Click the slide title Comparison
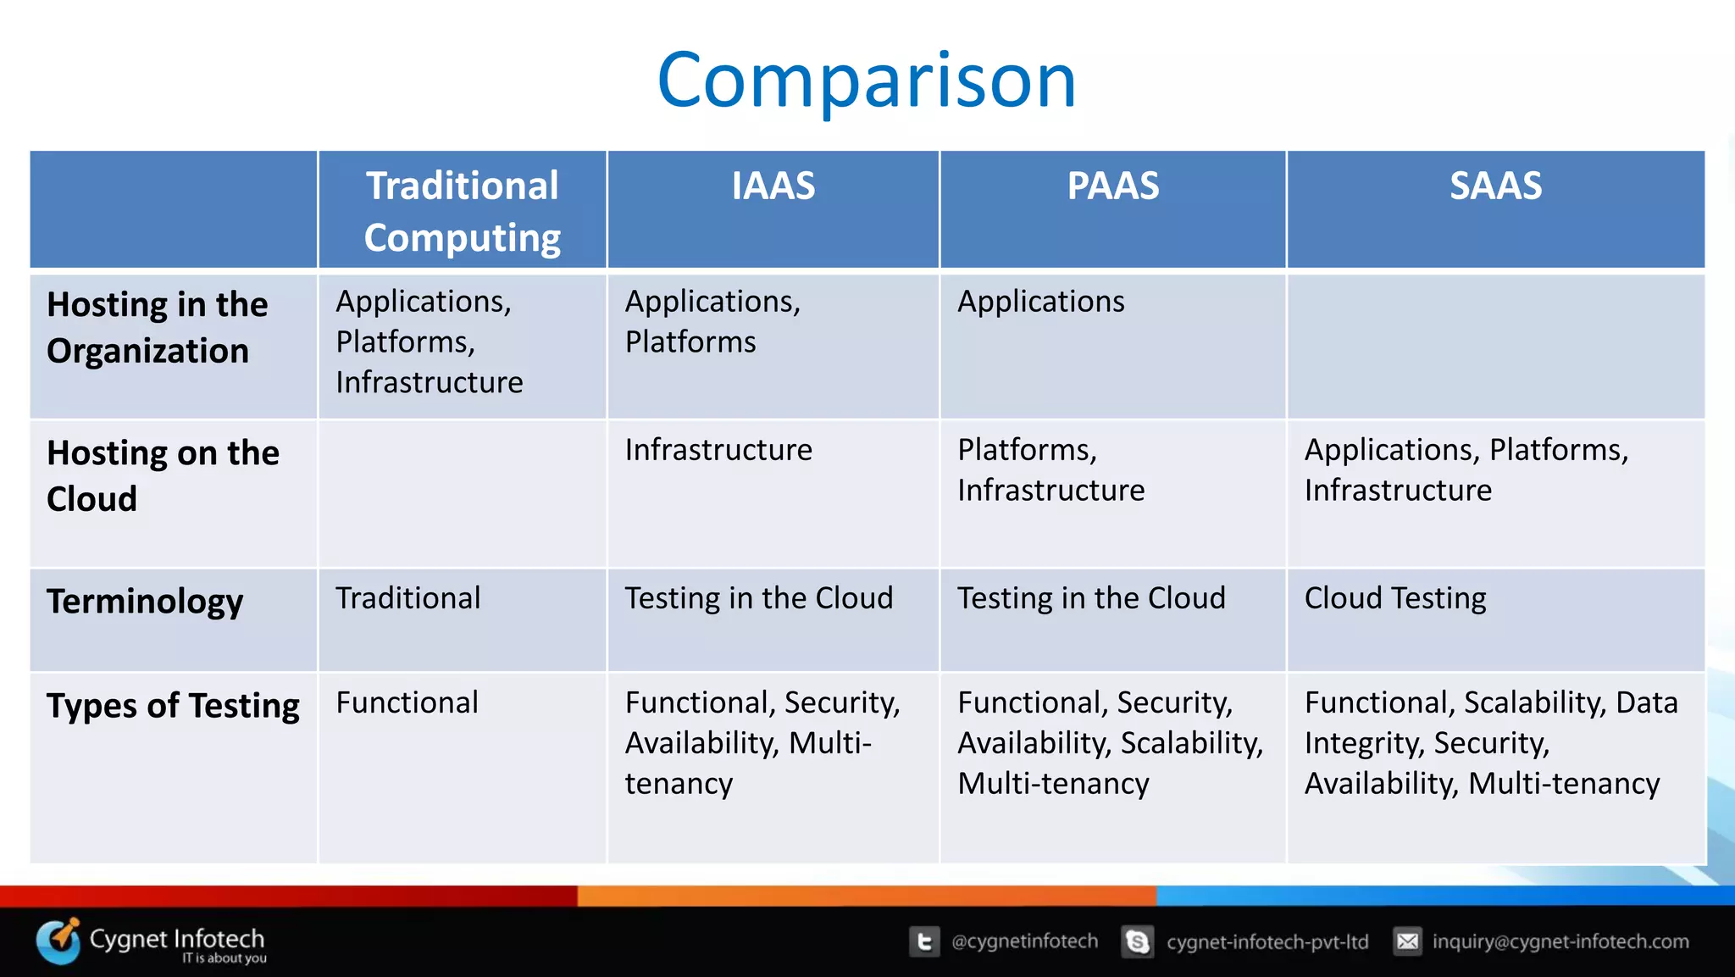(x=866, y=80)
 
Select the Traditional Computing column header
(x=462, y=211)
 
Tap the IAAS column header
(x=773, y=186)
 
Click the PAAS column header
(x=1112, y=186)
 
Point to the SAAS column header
(x=1495, y=186)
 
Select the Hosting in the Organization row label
(x=157, y=328)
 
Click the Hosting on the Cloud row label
(x=163, y=475)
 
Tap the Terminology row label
(x=145, y=601)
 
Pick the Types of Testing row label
(x=173, y=705)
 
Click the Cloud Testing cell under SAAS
(x=1394, y=598)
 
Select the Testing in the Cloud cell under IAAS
(x=758, y=598)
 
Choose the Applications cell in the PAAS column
(x=1040, y=302)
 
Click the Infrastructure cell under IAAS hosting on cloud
(x=718, y=450)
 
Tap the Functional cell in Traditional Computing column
(x=407, y=702)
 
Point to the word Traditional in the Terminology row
(x=407, y=598)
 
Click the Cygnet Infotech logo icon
(x=58, y=941)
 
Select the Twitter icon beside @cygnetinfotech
(x=924, y=941)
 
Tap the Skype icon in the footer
(x=1137, y=941)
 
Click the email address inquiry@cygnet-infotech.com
(x=1560, y=941)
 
